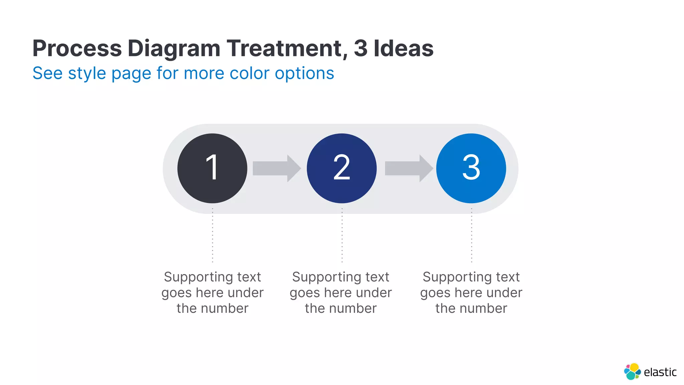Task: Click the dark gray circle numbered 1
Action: (212, 168)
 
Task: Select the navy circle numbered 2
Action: (342, 168)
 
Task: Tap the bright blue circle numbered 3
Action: (471, 168)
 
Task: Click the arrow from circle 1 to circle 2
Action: (277, 168)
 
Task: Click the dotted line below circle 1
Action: (212, 235)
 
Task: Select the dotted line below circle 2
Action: (342, 235)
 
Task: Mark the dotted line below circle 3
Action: (472, 235)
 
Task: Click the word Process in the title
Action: (77, 48)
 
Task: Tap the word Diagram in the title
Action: (174, 48)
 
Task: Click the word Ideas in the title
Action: (403, 48)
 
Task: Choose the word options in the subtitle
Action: (304, 74)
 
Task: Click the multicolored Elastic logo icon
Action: (632, 371)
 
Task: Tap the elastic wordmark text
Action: (660, 372)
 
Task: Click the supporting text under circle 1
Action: (212, 292)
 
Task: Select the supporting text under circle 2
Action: (341, 292)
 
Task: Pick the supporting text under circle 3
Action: (471, 292)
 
